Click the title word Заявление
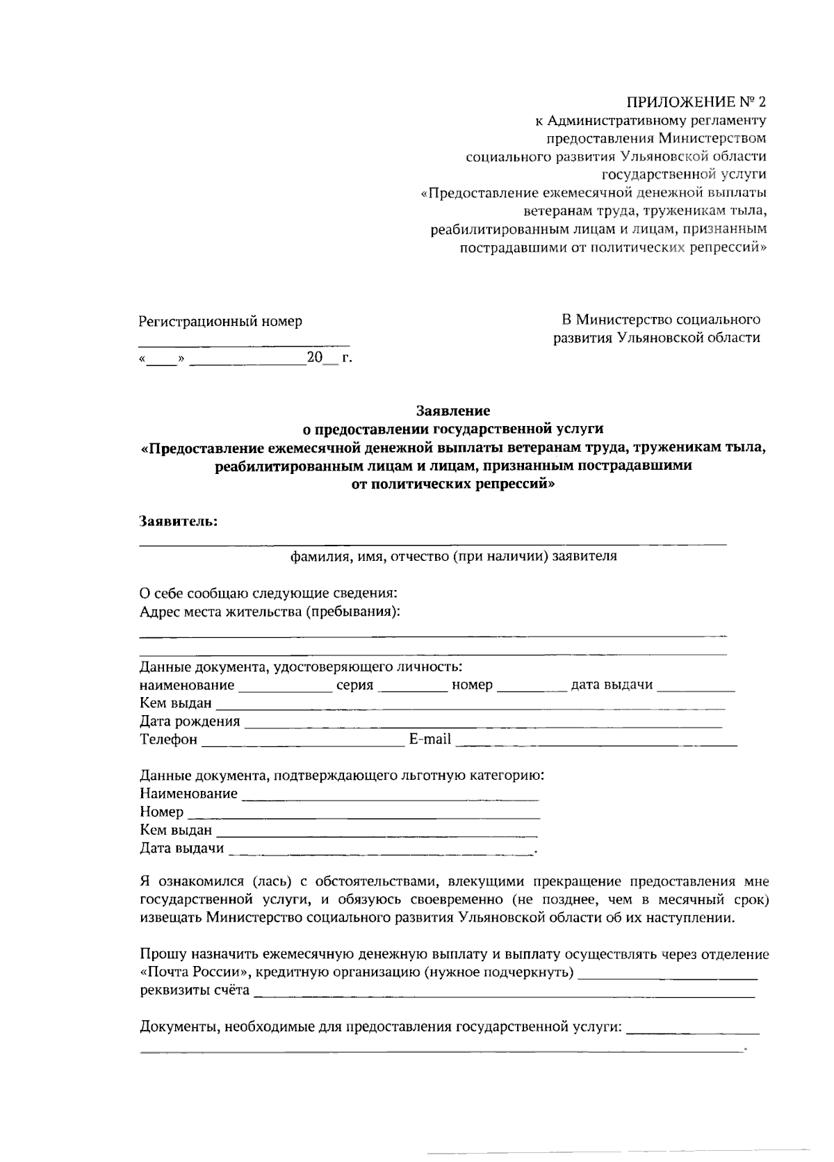[452, 411]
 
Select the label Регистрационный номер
[220, 321]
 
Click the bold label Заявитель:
[179, 521]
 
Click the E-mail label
[430, 739]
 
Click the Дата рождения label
[190, 721]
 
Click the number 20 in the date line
[315, 358]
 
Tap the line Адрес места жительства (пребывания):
[270, 612]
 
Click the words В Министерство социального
[660, 320]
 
